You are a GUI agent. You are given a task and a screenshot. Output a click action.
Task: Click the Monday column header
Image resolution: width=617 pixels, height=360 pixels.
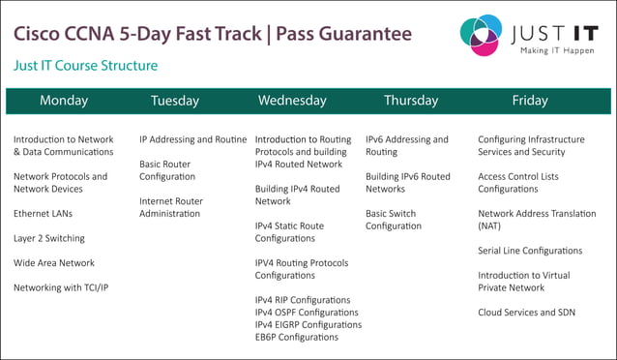click(64, 101)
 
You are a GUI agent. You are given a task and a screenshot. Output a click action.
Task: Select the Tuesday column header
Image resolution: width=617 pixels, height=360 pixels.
click(175, 101)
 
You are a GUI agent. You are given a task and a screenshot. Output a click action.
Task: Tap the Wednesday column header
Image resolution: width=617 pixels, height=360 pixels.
click(291, 101)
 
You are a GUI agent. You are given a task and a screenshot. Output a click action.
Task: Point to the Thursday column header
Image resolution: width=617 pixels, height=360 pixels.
click(411, 101)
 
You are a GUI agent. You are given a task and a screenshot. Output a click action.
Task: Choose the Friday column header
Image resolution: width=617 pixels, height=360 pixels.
click(529, 101)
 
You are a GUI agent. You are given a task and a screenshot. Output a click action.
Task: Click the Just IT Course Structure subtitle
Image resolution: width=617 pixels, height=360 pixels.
click(85, 66)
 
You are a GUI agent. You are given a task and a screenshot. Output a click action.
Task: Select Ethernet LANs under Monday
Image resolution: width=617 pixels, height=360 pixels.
click(43, 214)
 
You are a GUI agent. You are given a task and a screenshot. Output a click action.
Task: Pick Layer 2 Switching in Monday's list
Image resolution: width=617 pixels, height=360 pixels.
click(48, 238)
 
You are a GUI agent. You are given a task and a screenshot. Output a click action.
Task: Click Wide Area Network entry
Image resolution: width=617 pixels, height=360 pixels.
click(54, 263)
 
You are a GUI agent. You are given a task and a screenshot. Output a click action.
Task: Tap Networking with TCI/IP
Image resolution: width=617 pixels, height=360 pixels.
click(61, 287)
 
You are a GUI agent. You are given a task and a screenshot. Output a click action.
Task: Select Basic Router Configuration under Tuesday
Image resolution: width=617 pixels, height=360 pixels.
click(167, 170)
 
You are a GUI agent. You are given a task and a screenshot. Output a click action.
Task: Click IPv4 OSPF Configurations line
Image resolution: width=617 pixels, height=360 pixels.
click(307, 313)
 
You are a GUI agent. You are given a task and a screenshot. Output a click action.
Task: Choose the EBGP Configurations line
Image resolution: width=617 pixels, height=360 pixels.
click(297, 338)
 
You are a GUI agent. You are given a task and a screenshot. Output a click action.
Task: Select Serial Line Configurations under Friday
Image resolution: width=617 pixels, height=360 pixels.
click(530, 251)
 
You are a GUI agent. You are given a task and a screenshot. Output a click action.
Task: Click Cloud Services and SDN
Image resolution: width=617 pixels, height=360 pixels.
click(527, 313)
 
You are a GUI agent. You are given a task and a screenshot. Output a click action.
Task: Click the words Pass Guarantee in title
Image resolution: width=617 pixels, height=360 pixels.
click(343, 34)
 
